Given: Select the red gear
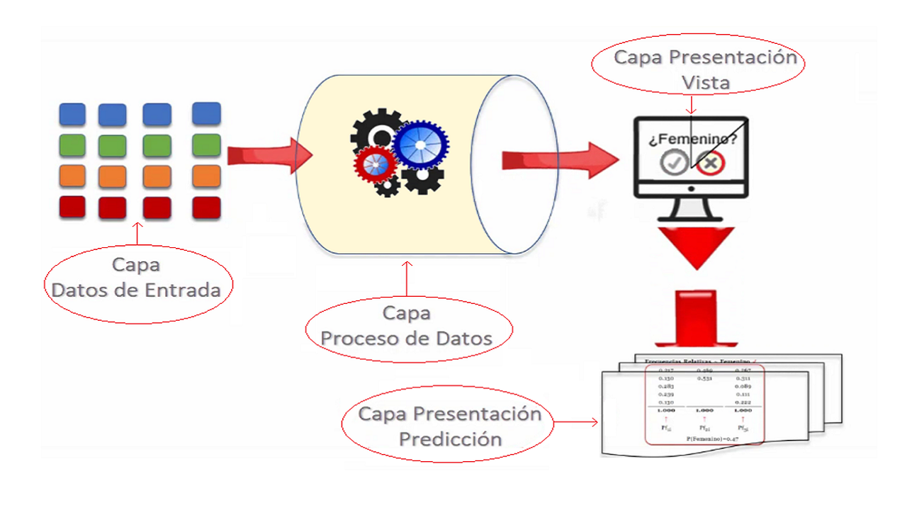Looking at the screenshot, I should point(376,164).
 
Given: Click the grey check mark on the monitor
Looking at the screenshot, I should point(672,162).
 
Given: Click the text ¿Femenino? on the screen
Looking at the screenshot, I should point(692,140).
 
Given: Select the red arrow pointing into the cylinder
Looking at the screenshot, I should point(269,155).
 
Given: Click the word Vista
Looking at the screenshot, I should point(705,83).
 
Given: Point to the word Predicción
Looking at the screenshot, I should point(451,438).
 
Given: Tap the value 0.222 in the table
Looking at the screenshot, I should point(742,402).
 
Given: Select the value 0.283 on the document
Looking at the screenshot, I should point(665,387).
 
